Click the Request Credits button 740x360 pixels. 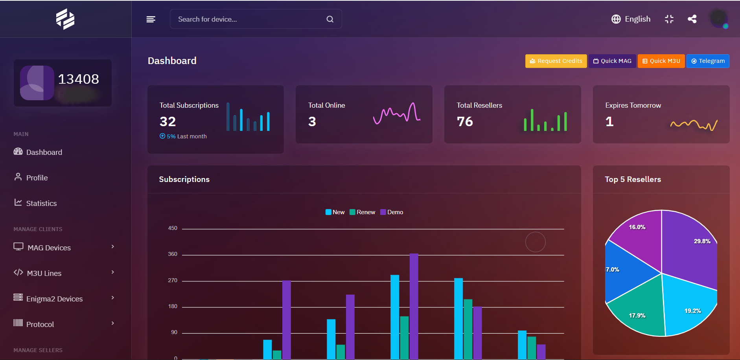pos(556,61)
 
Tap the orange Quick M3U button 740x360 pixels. pos(661,61)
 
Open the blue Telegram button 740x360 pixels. pos(707,61)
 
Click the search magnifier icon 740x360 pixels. pos(330,19)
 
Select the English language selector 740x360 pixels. pos(631,19)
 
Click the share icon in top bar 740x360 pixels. pos(692,19)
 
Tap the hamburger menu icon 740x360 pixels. pos(151,19)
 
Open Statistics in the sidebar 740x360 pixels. pos(41,203)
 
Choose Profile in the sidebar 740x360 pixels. pos(37,178)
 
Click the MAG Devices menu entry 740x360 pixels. pos(49,248)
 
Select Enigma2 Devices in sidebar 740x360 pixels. pos(54,299)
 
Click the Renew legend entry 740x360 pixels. pos(362,212)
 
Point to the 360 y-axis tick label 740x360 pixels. pos(173,254)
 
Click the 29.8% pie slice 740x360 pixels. pos(692,252)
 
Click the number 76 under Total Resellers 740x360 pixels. pos(465,121)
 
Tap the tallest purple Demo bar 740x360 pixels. pos(414,307)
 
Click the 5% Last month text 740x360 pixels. pos(183,136)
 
